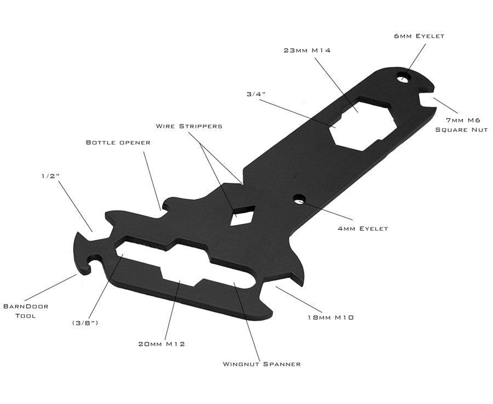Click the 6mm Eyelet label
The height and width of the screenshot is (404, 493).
pos(419,36)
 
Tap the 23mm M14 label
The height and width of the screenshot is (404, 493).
pos(307,50)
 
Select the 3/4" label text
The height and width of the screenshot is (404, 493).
pos(256,94)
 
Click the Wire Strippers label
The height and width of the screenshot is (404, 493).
pos(189,126)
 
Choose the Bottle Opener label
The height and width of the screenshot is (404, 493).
pos(118,143)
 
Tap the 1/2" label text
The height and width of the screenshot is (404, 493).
pos(49,177)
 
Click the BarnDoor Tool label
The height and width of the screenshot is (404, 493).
pos(26,310)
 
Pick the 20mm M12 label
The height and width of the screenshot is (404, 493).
pos(160,344)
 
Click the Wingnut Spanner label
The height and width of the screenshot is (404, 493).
pos(261,363)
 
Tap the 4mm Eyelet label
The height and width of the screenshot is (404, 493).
pos(363,228)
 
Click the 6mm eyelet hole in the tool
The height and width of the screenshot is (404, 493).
pos(405,78)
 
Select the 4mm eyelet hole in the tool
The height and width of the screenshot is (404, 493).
pos(299,200)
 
